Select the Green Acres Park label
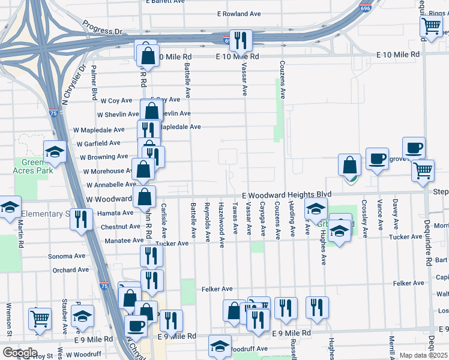click(34, 166)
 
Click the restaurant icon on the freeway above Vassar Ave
click(241, 41)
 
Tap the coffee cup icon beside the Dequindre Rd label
click(413, 148)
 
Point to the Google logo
click(19, 353)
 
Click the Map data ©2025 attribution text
click(424, 356)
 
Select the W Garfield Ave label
click(98, 143)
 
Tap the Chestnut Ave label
click(121, 227)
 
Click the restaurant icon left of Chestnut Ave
click(82, 219)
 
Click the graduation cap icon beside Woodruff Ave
click(220, 346)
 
